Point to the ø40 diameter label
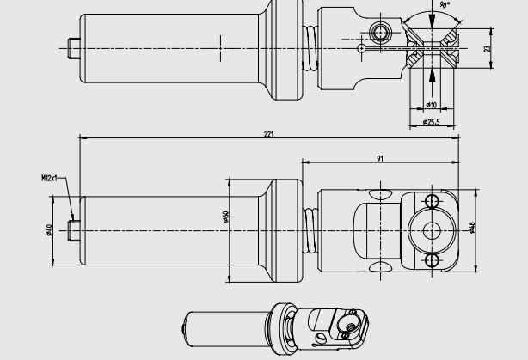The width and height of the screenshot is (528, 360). pyautogui.click(x=50, y=229)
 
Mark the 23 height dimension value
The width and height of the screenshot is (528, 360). pyautogui.click(x=487, y=48)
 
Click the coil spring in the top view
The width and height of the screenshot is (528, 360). pyautogui.click(x=309, y=51)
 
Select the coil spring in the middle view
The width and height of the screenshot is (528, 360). pyautogui.click(x=309, y=230)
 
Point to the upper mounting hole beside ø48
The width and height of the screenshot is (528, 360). pyautogui.click(x=433, y=200)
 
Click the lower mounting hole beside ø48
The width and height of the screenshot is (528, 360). pyautogui.click(x=433, y=259)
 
